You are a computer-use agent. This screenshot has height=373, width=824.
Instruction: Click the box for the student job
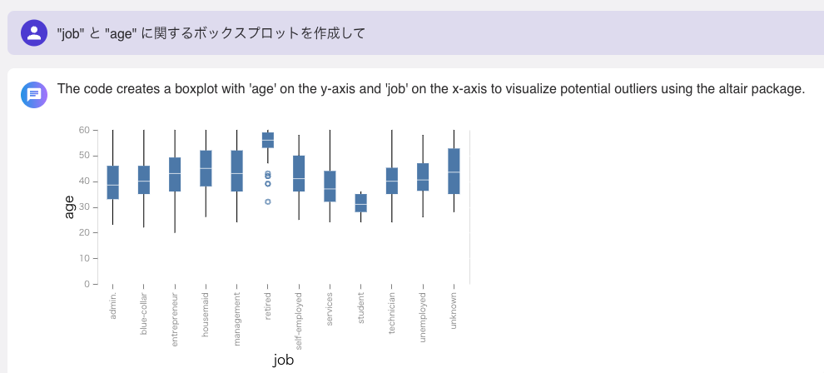[360, 203]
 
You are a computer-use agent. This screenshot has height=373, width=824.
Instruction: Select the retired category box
[268, 140]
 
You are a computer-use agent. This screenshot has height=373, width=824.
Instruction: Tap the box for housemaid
[206, 168]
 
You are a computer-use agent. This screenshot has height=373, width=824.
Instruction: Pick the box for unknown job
[454, 172]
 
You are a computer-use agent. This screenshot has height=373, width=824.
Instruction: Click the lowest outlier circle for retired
[268, 201]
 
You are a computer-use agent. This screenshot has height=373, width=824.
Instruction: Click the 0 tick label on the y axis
[87, 284]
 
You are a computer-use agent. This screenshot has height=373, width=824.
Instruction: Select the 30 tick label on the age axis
[84, 207]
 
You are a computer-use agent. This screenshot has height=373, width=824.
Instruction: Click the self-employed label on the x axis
[299, 321]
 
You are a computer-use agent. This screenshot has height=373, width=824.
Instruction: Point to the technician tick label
[392, 313]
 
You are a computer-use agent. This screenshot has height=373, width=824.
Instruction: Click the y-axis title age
[69, 207]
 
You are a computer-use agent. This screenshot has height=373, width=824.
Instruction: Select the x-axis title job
[283, 361]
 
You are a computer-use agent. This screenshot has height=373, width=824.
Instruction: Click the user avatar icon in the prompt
[34, 33]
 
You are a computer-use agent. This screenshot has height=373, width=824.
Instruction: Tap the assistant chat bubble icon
[34, 95]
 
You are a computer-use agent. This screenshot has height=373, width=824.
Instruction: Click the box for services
[330, 186]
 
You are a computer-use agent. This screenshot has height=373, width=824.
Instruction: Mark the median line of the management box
[237, 173]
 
